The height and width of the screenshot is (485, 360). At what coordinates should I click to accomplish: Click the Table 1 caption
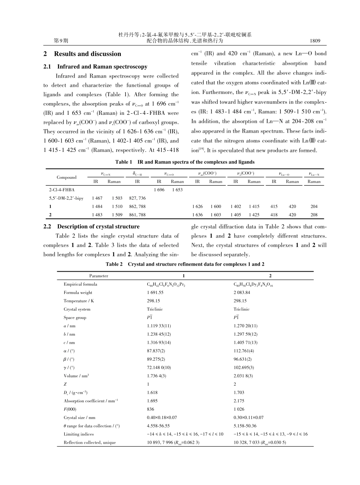tap(185, 162)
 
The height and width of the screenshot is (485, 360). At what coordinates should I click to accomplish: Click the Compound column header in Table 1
tap(67, 177)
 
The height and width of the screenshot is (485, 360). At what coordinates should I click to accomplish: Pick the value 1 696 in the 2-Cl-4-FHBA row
tap(159, 190)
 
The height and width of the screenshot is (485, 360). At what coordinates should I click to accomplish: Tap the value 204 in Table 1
tap(314, 207)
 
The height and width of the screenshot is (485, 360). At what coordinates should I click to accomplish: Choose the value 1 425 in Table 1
tap(254, 215)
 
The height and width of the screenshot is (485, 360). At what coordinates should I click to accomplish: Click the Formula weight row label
tap(78, 293)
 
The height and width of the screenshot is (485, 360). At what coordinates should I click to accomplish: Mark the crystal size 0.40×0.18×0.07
tap(162, 418)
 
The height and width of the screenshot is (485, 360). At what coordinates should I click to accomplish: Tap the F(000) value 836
tap(151, 409)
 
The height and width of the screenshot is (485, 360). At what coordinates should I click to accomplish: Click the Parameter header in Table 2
tap(99, 276)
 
